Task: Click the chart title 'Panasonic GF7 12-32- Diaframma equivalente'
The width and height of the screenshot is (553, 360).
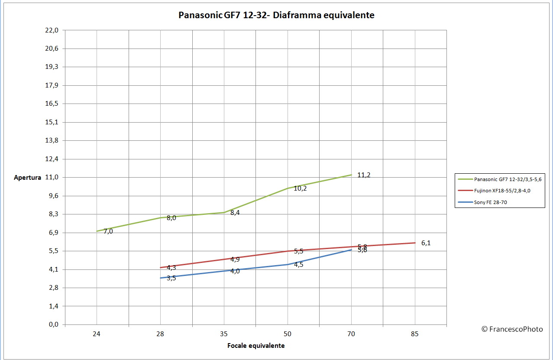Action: [x=276, y=15]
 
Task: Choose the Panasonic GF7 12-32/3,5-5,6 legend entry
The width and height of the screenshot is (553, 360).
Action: [x=508, y=179]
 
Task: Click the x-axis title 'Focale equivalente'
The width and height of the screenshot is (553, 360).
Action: [x=256, y=346]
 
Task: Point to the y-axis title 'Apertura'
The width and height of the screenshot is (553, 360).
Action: [x=28, y=177]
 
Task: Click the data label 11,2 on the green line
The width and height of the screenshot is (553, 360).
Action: [x=364, y=175]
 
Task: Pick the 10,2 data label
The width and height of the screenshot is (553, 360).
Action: [x=300, y=188]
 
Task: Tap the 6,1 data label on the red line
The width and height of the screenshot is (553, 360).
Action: [x=426, y=243]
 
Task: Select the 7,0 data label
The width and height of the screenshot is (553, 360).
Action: [x=108, y=231]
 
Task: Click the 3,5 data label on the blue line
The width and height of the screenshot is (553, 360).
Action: [x=171, y=278]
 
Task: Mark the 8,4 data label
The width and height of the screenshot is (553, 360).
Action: [x=235, y=213]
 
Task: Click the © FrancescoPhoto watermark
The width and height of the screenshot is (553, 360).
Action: [x=512, y=329]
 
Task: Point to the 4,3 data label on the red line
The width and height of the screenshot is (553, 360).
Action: [x=171, y=268]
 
